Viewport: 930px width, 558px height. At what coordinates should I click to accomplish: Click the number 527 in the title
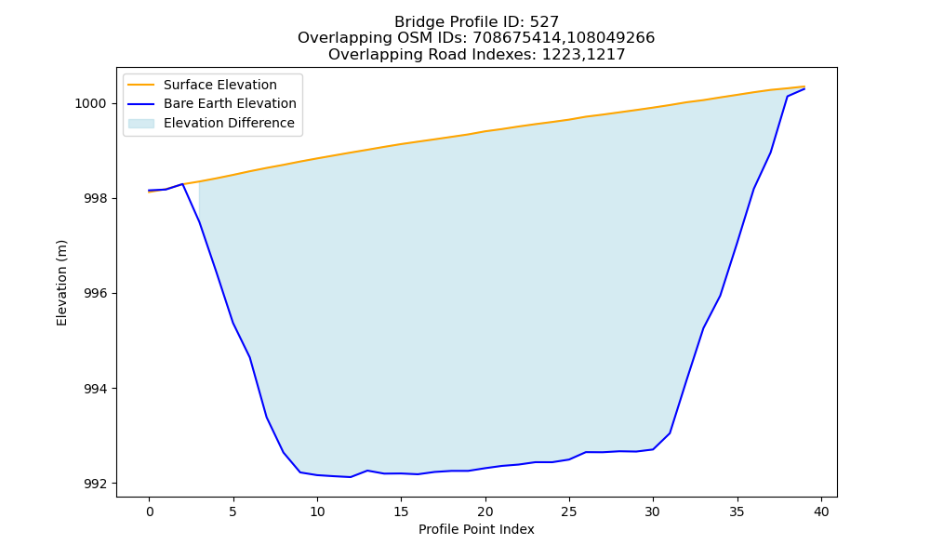tap(544, 22)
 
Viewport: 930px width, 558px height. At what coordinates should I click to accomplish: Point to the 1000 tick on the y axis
tap(90, 104)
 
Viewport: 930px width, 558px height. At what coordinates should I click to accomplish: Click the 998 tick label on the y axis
tap(96, 199)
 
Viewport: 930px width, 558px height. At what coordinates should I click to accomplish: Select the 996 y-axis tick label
tap(96, 294)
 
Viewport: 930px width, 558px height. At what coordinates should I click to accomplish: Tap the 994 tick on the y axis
tap(96, 389)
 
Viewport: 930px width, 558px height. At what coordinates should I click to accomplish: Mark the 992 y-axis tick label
tap(96, 484)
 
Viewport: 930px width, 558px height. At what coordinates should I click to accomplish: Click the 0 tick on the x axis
tap(149, 511)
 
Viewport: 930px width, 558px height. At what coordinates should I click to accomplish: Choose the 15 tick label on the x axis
tap(401, 511)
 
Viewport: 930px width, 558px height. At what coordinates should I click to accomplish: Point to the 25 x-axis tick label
tap(569, 511)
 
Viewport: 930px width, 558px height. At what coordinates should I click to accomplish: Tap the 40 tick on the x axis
tap(821, 511)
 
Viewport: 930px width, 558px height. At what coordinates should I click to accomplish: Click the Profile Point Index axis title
tap(476, 529)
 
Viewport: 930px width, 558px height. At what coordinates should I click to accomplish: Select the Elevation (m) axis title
tap(61, 283)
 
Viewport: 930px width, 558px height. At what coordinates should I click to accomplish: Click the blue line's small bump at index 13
tap(367, 471)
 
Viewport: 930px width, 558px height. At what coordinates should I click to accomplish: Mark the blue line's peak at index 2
tap(182, 184)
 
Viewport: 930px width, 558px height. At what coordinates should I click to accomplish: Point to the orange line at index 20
tap(485, 131)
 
